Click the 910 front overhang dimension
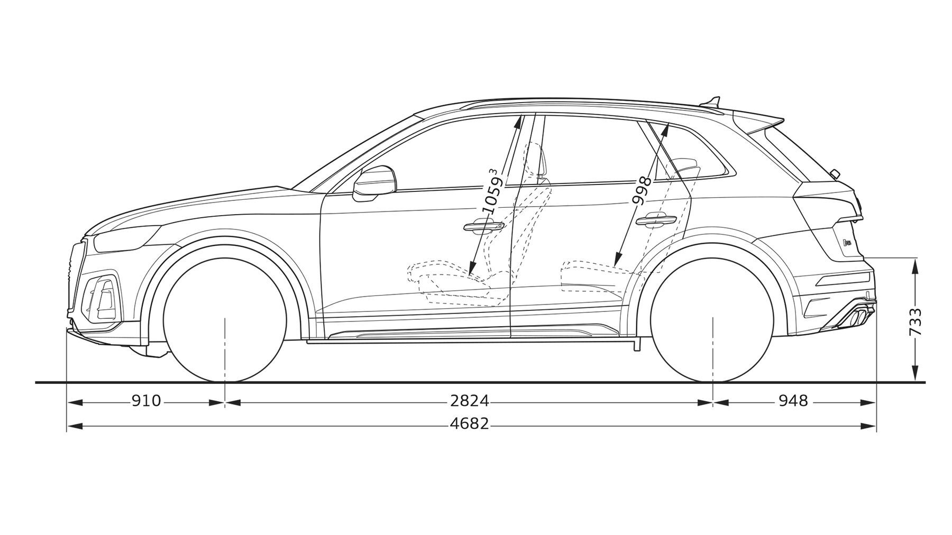pos(146,401)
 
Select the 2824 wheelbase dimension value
pos(470,401)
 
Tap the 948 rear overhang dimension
pos(793,401)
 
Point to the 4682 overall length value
pos(470,424)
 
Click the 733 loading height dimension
pos(915,321)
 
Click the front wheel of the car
pos(225,320)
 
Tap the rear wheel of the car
pos(713,320)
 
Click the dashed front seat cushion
pos(455,280)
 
